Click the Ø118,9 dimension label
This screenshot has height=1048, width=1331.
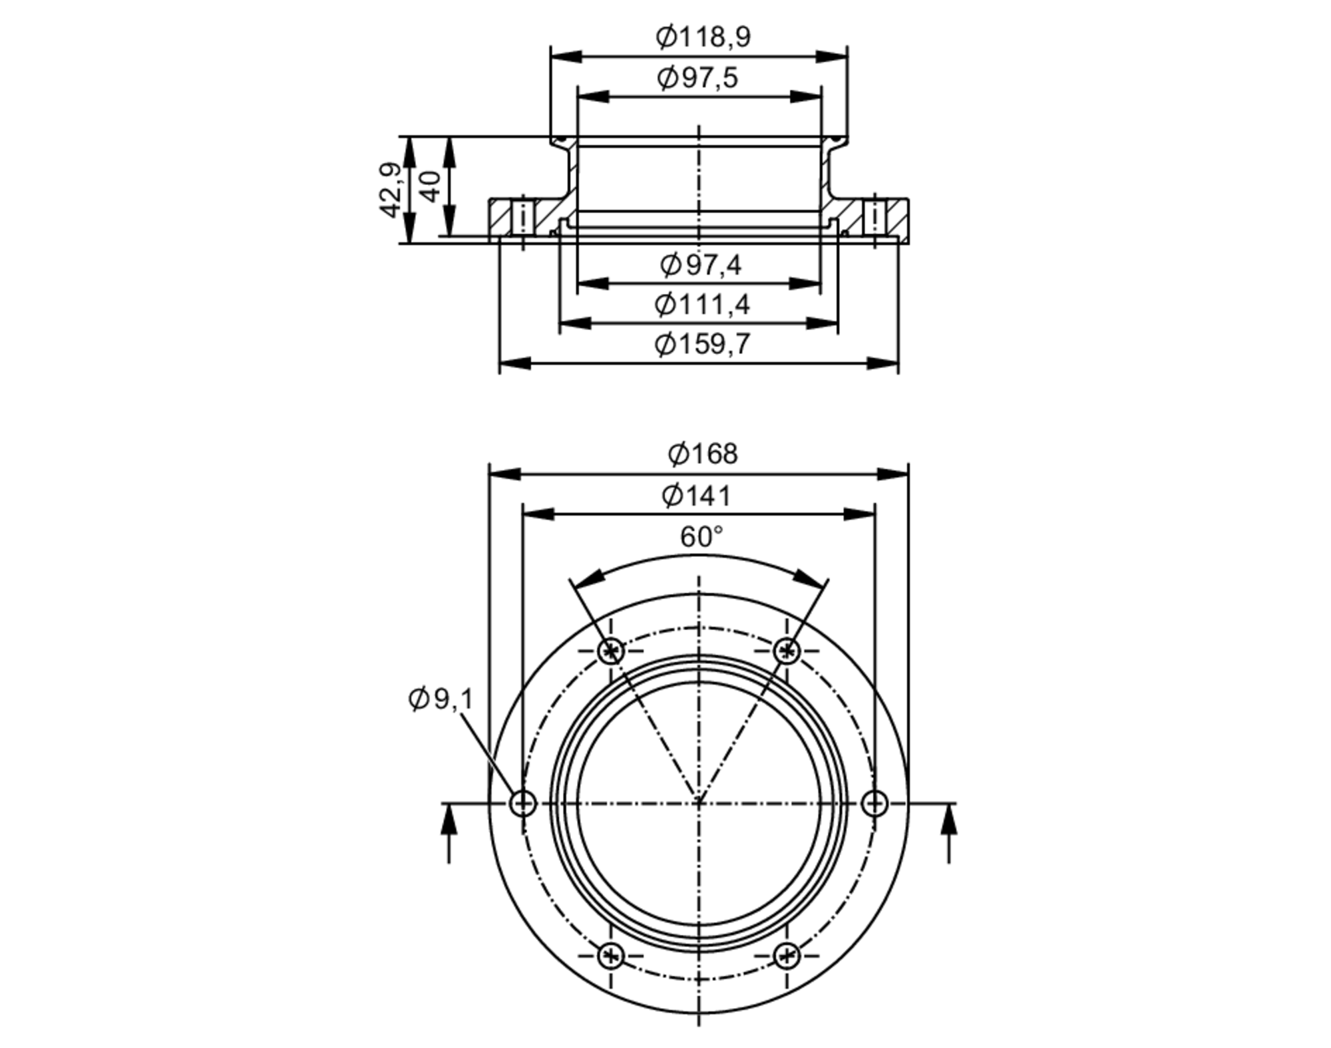703,37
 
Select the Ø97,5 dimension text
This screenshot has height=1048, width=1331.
697,78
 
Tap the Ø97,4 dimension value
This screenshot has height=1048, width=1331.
700,265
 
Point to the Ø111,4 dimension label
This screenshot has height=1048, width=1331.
701,305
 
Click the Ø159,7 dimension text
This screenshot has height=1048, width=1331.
701,344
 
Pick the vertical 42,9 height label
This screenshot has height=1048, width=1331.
391,190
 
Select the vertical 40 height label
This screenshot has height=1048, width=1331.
431,186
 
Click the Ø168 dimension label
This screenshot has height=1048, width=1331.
703,454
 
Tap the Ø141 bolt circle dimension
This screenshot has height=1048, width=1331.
696,496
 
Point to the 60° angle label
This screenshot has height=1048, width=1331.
701,536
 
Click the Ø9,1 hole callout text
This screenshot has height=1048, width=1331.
440,699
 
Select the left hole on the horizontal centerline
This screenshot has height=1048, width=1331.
522,803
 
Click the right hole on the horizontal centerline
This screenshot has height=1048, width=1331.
874,803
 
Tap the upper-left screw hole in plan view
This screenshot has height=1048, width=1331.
610,650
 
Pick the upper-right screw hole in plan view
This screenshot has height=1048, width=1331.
787,650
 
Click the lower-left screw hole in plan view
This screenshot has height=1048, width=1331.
610,956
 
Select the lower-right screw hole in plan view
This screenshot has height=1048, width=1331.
787,956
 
